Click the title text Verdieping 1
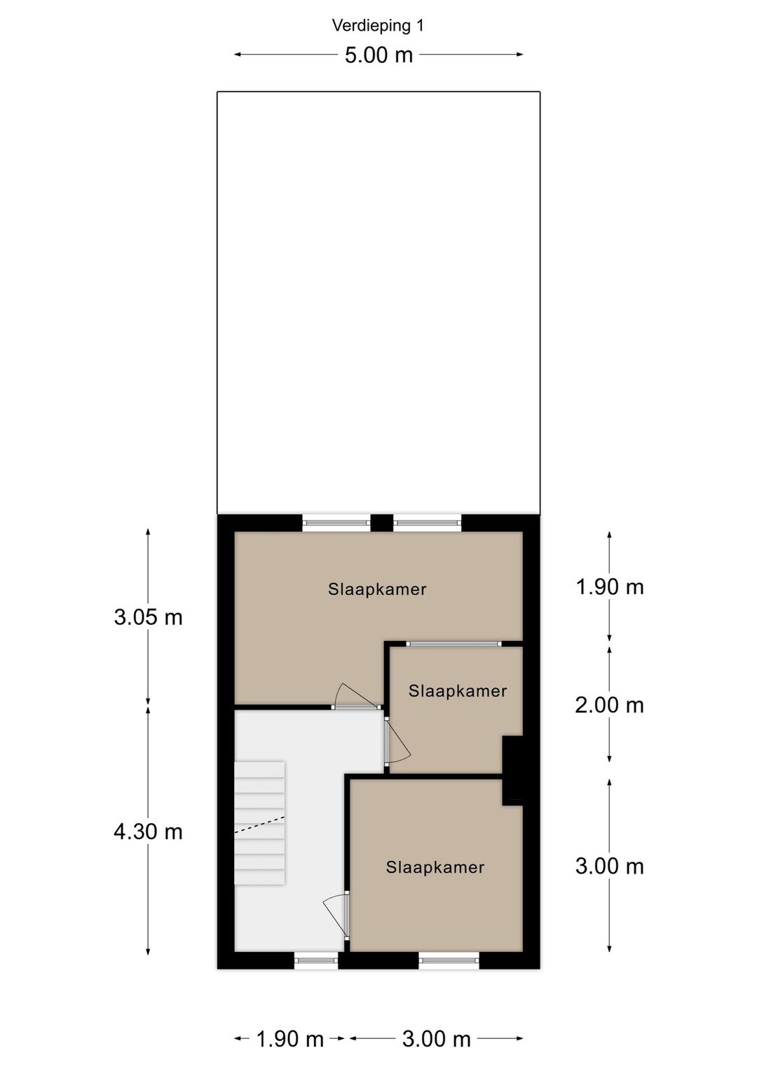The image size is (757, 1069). click(x=378, y=26)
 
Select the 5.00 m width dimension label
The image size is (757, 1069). click(x=378, y=55)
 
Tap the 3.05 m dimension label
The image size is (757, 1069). click(x=148, y=617)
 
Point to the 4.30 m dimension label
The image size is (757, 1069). click(x=148, y=832)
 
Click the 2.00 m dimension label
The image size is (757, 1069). click(x=609, y=705)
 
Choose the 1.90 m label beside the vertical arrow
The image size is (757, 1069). click(x=609, y=586)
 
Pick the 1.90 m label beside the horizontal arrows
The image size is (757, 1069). click(x=289, y=1039)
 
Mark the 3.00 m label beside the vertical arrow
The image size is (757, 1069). click(x=609, y=866)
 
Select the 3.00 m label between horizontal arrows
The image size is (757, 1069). click(x=436, y=1039)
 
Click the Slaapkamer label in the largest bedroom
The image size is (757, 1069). click(x=377, y=589)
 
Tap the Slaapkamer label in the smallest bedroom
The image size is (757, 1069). click(x=458, y=691)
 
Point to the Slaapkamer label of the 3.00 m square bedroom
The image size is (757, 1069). click(x=435, y=867)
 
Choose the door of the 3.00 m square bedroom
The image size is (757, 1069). click(x=337, y=914)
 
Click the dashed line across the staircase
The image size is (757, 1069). click(x=259, y=824)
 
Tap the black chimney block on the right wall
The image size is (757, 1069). click(x=513, y=769)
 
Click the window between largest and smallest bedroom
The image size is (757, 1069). click(x=454, y=643)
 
